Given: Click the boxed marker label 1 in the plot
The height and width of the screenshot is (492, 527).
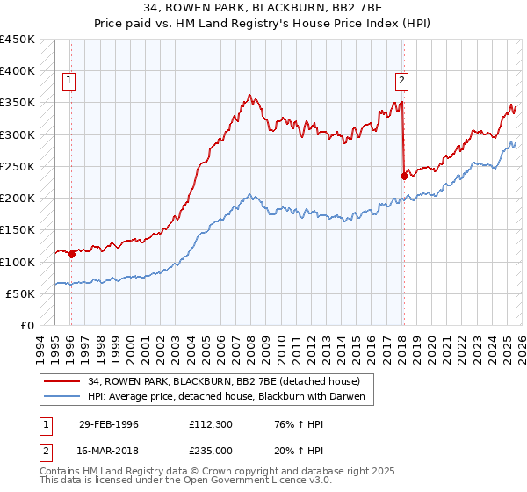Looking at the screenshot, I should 69,82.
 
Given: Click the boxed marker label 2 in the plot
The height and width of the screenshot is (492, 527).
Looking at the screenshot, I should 402,82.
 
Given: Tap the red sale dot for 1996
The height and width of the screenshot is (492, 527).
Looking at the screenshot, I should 71,254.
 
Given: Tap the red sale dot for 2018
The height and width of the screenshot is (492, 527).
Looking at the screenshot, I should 404,176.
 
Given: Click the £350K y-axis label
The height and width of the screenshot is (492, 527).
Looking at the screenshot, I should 18,103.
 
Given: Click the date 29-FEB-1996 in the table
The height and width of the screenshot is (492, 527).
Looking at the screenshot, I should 109,423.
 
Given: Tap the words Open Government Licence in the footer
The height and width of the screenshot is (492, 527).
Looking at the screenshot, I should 250,481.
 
